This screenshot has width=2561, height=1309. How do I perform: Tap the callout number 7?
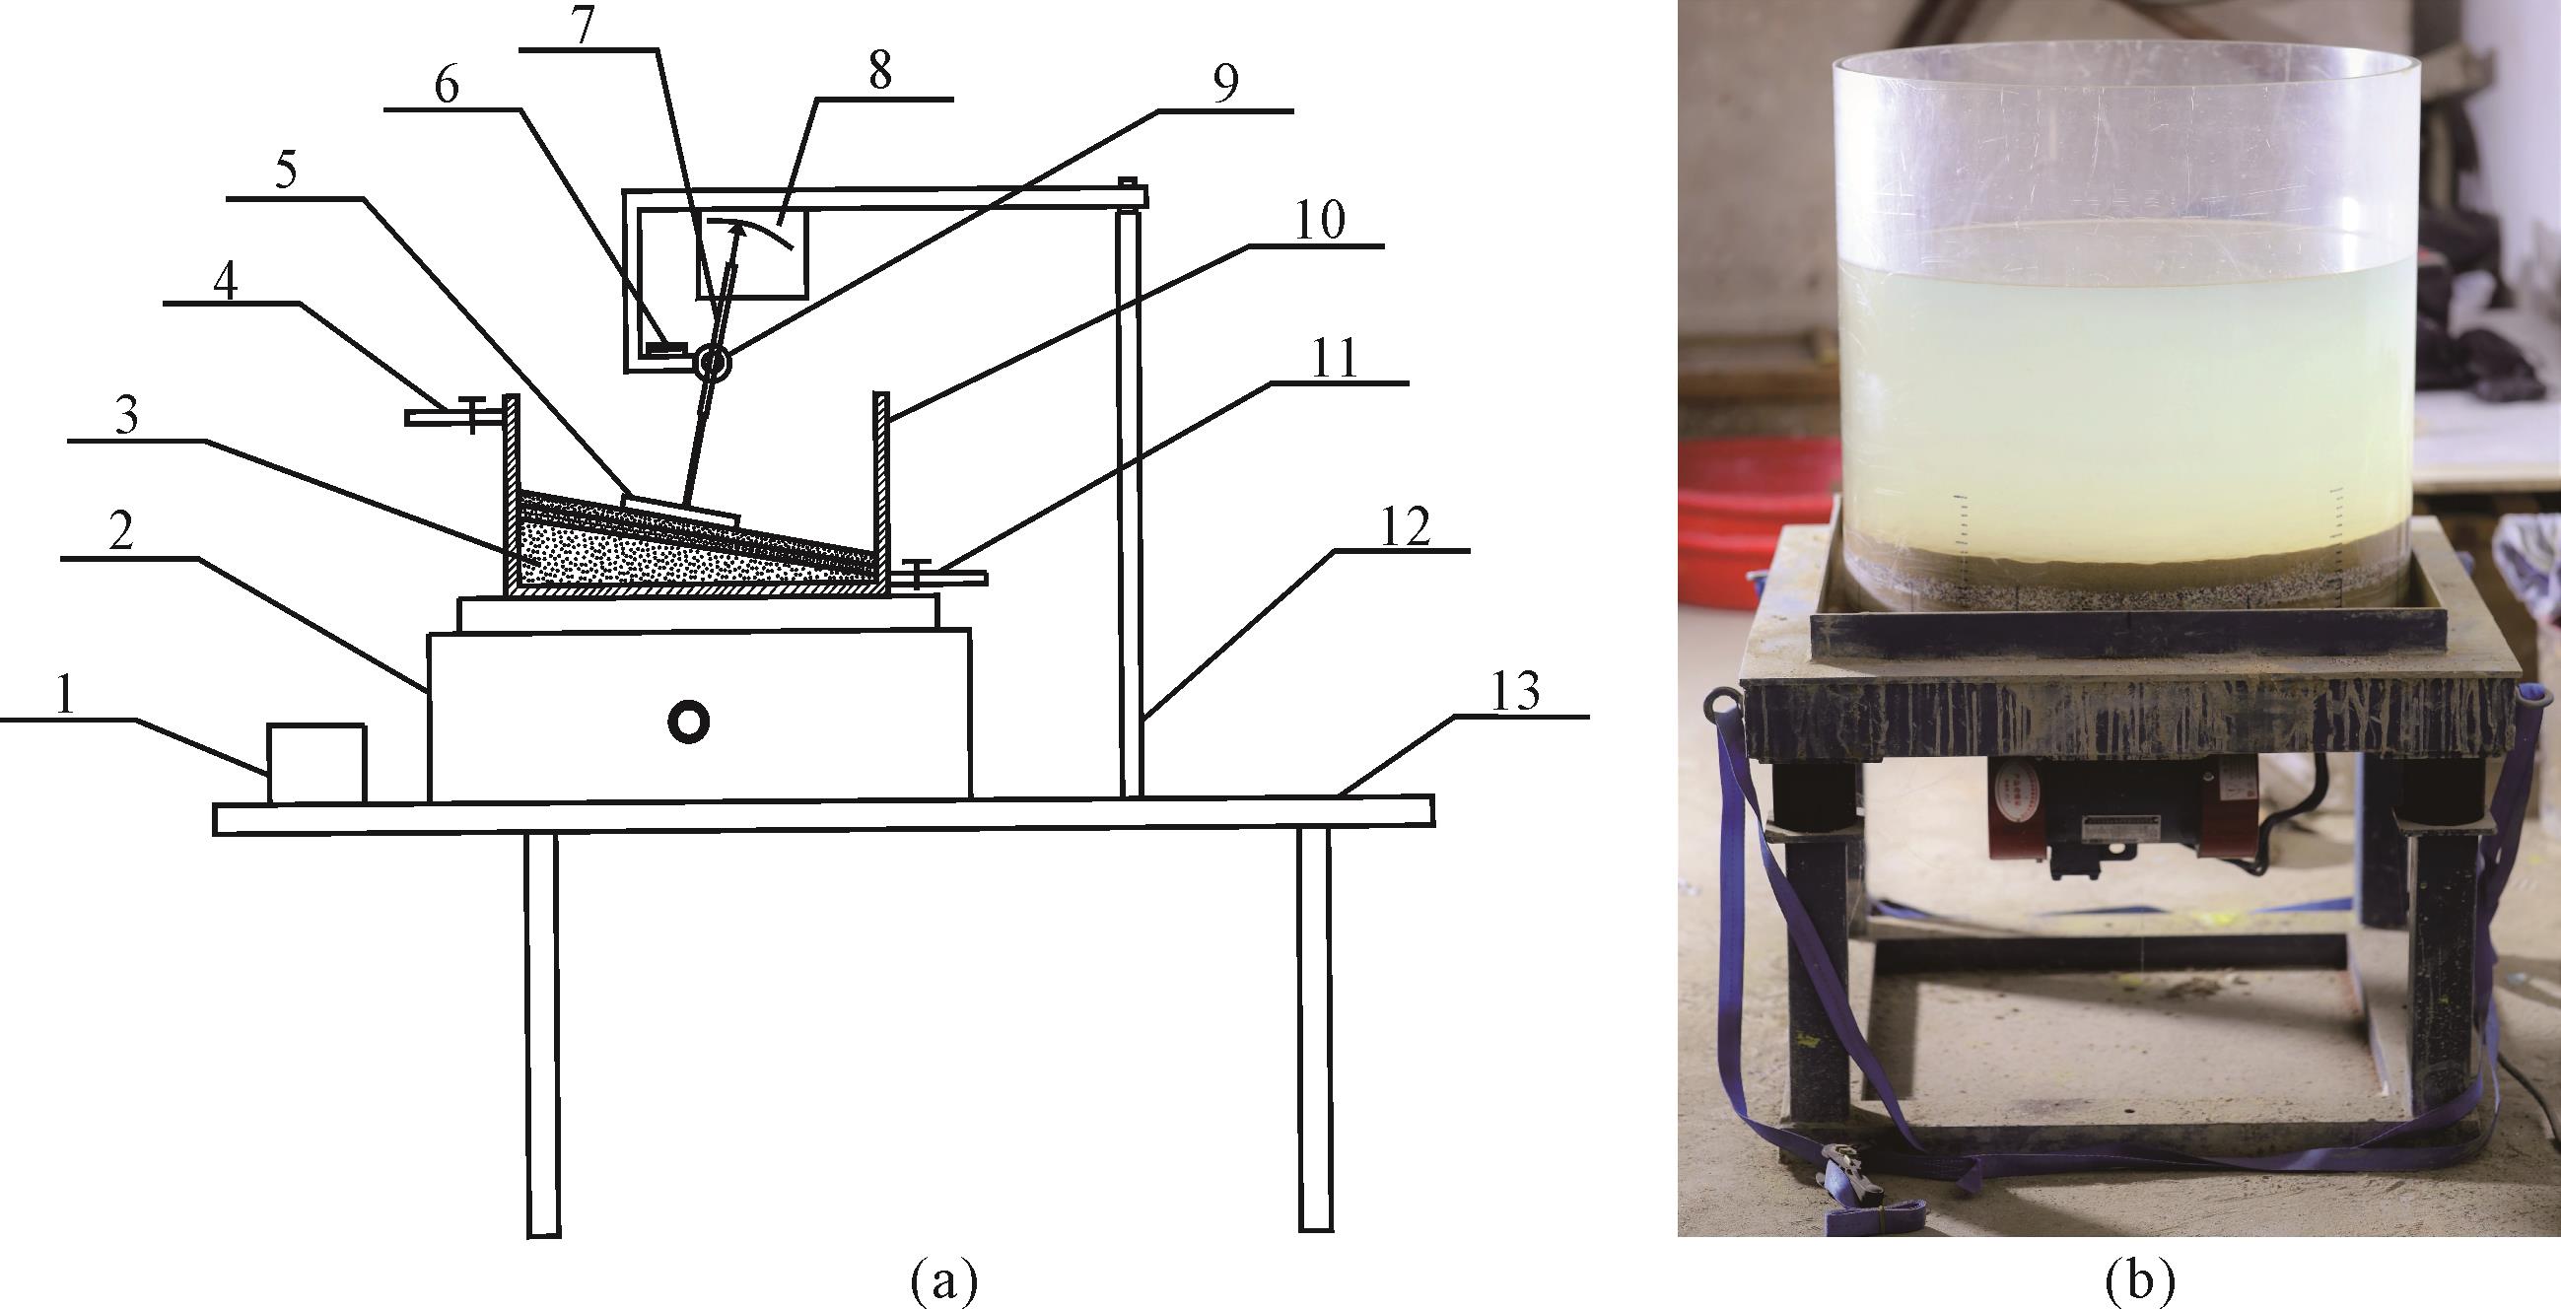[x=584, y=25]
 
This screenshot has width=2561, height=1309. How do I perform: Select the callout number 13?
[x=1516, y=691]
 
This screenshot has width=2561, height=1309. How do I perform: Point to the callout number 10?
[x=1319, y=221]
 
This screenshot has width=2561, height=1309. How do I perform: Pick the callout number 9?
[x=1226, y=85]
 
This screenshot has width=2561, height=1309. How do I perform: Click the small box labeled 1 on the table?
[x=317, y=763]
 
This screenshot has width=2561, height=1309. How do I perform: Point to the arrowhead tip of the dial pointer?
[x=737, y=226]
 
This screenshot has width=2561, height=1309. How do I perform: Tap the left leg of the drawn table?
[x=542, y=1034]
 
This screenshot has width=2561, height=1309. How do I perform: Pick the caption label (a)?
[x=943, y=1281]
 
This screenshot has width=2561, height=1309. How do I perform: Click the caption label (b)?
[x=2138, y=1281]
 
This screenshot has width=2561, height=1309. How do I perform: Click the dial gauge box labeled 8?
[x=751, y=253]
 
